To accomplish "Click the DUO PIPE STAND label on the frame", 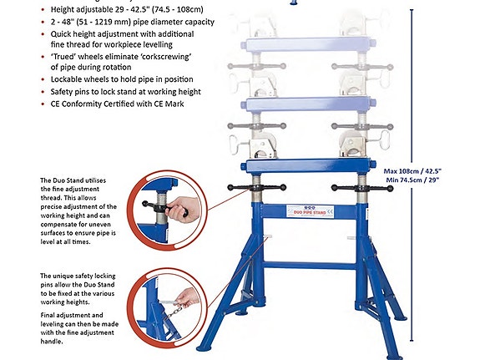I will [309, 213].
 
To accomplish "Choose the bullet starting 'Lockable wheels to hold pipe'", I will [114, 79].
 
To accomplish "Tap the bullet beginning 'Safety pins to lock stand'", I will [116, 91].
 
